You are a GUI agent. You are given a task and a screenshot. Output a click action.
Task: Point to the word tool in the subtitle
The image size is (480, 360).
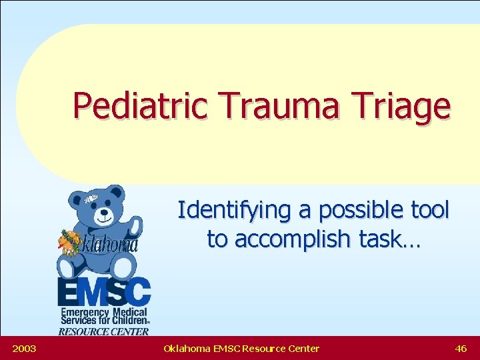427,211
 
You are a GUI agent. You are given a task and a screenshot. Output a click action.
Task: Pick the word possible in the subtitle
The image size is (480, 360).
350,211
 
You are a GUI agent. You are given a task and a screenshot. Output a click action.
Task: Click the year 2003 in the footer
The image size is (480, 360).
24,348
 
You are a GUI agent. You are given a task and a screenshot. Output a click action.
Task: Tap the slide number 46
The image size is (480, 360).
461,348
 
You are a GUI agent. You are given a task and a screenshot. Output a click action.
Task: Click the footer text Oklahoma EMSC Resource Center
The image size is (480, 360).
241,348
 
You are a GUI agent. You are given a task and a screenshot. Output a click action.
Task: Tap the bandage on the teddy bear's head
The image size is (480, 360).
92,198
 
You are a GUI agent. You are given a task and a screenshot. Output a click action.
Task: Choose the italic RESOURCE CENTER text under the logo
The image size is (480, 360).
103,331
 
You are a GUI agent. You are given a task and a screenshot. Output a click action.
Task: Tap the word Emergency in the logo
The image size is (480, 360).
85,311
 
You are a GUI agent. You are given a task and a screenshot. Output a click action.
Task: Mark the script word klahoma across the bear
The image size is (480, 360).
110,245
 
